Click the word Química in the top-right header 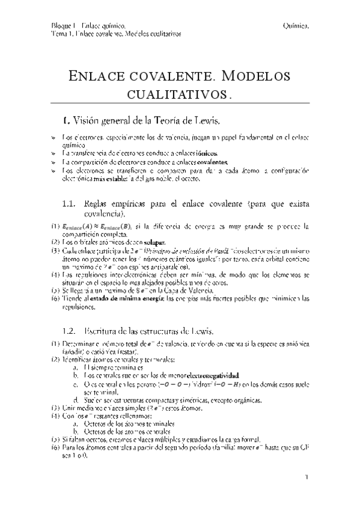pyautogui.click(x=295, y=26)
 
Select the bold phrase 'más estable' pyautogui.click(x=125, y=179)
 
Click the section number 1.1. pyautogui.click(x=70, y=204)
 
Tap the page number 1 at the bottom pyautogui.click(x=307, y=478)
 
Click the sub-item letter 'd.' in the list pyautogui.click(x=75, y=400)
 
